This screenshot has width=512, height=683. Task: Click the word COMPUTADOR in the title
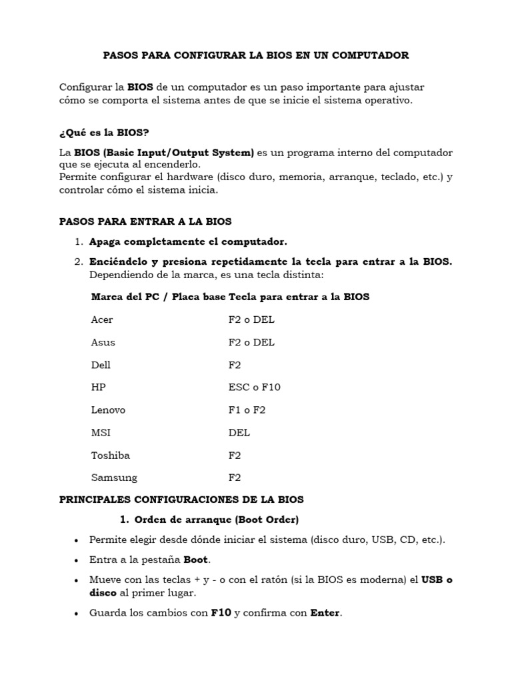[x=371, y=55]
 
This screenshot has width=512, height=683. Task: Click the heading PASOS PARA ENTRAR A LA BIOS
[x=145, y=221]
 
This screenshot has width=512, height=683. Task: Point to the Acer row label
[x=102, y=319]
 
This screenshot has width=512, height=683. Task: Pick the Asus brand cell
[x=103, y=342]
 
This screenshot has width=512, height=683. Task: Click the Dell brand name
[x=101, y=365]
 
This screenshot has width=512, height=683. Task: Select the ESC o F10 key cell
[x=254, y=388]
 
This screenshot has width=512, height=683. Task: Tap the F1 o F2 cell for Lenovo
[x=247, y=410]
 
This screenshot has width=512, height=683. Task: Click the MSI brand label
[x=101, y=432]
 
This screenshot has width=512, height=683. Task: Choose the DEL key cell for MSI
[x=239, y=432]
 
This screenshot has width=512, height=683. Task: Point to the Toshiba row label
[x=110, y=455]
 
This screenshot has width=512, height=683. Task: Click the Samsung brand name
[x=114, y=478]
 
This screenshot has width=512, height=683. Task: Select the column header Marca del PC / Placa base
[x=158, y=297]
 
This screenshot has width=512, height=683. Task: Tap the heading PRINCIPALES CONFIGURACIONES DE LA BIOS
[x=181, y=499]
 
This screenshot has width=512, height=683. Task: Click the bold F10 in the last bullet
[x=221, y=613]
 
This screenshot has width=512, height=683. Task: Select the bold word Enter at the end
[x=325, y=613]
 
